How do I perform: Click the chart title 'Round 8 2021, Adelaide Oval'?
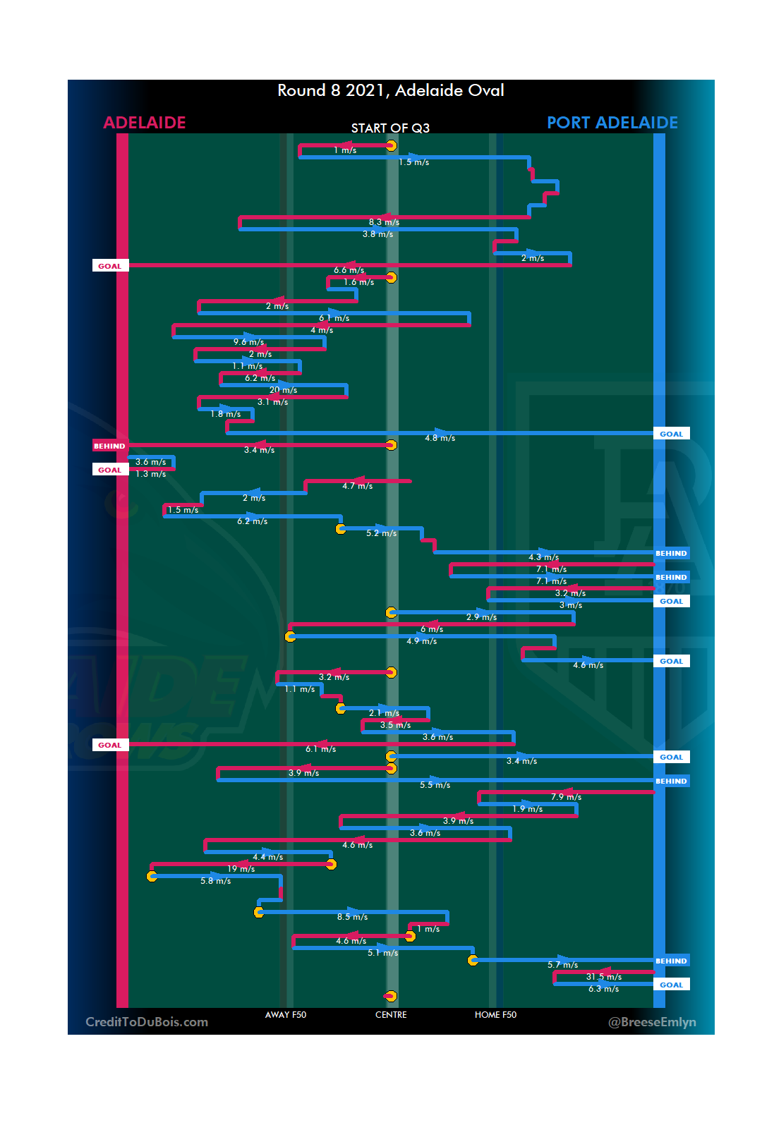coord(390,90)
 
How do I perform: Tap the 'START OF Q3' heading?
coord(390,128)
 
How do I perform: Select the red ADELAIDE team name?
coord(145,123)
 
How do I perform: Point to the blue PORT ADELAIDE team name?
coord(612,123)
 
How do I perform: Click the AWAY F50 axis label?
coord(286,1015)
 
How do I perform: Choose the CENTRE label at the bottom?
coord(391,1015)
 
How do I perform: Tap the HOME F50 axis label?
coord(495,1015)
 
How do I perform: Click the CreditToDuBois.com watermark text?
coord(147,1022)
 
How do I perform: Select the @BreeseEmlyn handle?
coord(652,1022)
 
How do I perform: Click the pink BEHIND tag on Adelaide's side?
coord(109,446)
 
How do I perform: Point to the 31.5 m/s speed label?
coord(604,977)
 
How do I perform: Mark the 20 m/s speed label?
coord(283,390)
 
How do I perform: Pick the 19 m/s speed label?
coord(241,869)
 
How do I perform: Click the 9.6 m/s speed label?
coord(248,342)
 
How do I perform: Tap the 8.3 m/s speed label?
coord(384,222)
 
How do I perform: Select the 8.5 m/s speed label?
coord(352,917)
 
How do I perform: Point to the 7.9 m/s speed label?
coord(566,797)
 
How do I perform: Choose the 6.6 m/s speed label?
coord(349,270)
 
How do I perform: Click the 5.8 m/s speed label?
coord(215,881)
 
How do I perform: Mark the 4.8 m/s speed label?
coord(440,438)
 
